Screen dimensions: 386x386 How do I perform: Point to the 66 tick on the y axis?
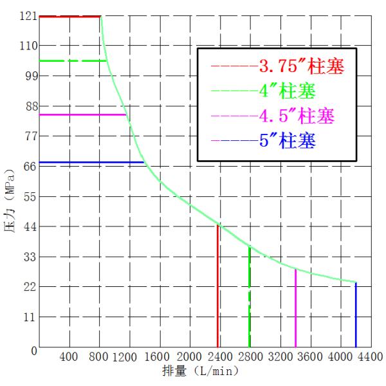coord(29,166)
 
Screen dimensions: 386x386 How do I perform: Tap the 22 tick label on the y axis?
coord(29,286)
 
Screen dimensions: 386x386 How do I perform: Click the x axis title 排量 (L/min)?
coord(201,371)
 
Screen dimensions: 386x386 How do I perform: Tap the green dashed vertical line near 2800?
coord(250,296)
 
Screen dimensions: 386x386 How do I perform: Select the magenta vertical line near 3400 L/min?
coord(295,309)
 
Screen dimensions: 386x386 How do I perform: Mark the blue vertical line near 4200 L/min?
coord(356,315)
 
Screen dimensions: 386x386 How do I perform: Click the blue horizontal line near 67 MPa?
coord(90,162)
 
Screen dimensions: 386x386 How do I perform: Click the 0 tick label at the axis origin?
coord(33,351)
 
